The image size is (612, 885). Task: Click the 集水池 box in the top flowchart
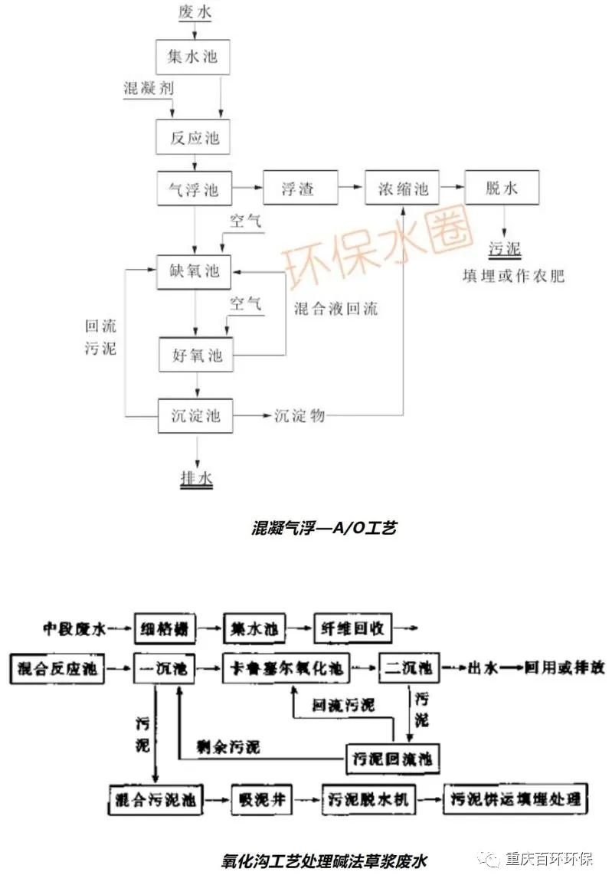click(x=192, y=56)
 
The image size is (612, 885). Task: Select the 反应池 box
click(x=194, y=138)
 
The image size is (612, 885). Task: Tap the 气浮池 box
click(x=194, y=188)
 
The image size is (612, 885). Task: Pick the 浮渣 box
click(x=300, y=188)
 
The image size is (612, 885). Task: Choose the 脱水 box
click(x=502, y=188)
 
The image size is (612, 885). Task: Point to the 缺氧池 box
click(x=194, y=271)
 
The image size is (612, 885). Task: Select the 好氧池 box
click(x=195, y=356)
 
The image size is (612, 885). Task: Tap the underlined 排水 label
click(x=196, y=479)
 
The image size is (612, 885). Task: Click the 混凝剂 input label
click(x=149, y=88)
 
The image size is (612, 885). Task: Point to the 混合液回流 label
click(x=335, y=310)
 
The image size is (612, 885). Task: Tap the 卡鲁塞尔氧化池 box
click(x=291, y=669)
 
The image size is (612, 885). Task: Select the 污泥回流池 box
click(x=393, y=759)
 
